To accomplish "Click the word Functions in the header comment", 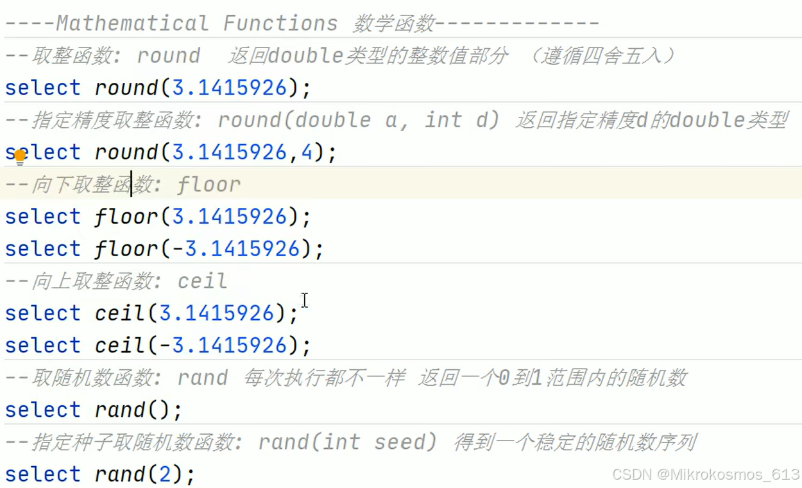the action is point(280,24).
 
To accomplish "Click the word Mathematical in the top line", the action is point(132,24).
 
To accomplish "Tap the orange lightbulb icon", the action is point(20,156).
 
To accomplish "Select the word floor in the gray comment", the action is point(209,185).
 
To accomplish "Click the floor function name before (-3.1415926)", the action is point(126,248).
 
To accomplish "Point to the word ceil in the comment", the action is point(202,281).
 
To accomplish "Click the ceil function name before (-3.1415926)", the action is point(120,345).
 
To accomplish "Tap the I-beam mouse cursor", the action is point(304,300).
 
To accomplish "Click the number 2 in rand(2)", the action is point(165,475).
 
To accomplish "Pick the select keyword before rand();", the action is point(42,410).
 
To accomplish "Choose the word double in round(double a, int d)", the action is point(333,120).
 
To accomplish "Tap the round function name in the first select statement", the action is point(126,88).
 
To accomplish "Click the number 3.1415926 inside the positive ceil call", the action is point(216,313).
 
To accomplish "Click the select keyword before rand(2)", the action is point(42,475).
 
